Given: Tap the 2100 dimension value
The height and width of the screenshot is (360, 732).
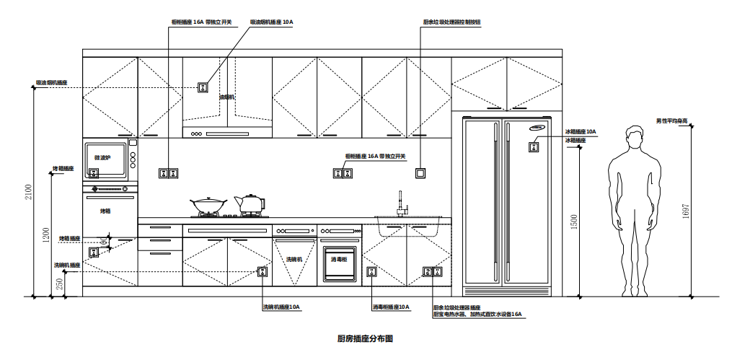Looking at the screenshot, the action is (29, 192).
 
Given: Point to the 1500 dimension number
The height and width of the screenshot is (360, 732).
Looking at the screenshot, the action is (573, 220).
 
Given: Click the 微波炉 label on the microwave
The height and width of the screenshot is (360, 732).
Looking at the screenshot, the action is (102, 157).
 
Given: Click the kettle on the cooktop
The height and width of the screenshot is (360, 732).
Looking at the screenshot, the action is (251, 203).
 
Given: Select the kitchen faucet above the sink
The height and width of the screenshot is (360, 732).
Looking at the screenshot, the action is (400, 203).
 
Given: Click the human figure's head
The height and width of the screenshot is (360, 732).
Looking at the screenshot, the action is (634, 137).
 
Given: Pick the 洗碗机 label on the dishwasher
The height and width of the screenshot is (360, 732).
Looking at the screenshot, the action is (294, 259).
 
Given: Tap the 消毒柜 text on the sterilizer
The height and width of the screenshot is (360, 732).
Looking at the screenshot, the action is (338, 259).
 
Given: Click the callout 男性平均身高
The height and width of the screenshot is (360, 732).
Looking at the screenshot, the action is (671, 120).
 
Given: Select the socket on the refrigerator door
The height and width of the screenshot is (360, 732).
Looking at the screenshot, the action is (534, 148).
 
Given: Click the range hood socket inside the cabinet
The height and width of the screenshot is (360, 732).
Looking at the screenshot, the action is (203, 87).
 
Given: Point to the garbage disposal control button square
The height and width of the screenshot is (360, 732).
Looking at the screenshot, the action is (420, 173).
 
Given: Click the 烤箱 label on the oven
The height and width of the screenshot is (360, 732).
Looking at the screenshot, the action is (105, 211).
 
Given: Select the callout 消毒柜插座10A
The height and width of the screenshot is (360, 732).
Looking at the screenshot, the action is (391, 308).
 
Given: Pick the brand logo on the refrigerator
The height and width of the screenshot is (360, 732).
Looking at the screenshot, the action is (537, 128).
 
